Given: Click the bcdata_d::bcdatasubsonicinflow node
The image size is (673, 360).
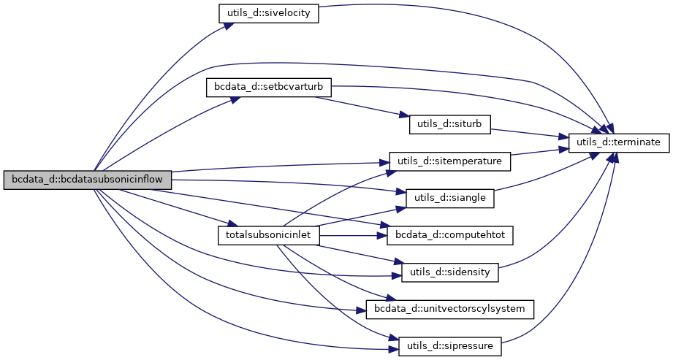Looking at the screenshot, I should click(87, 180).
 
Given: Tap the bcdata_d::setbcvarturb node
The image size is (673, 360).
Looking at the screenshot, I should click(269, 88).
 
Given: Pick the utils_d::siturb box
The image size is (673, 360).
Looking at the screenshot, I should click(449, 124).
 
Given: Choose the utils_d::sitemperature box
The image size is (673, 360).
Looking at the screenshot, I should click(449, 161).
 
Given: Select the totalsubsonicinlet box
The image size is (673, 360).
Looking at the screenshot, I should click(269, 236).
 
